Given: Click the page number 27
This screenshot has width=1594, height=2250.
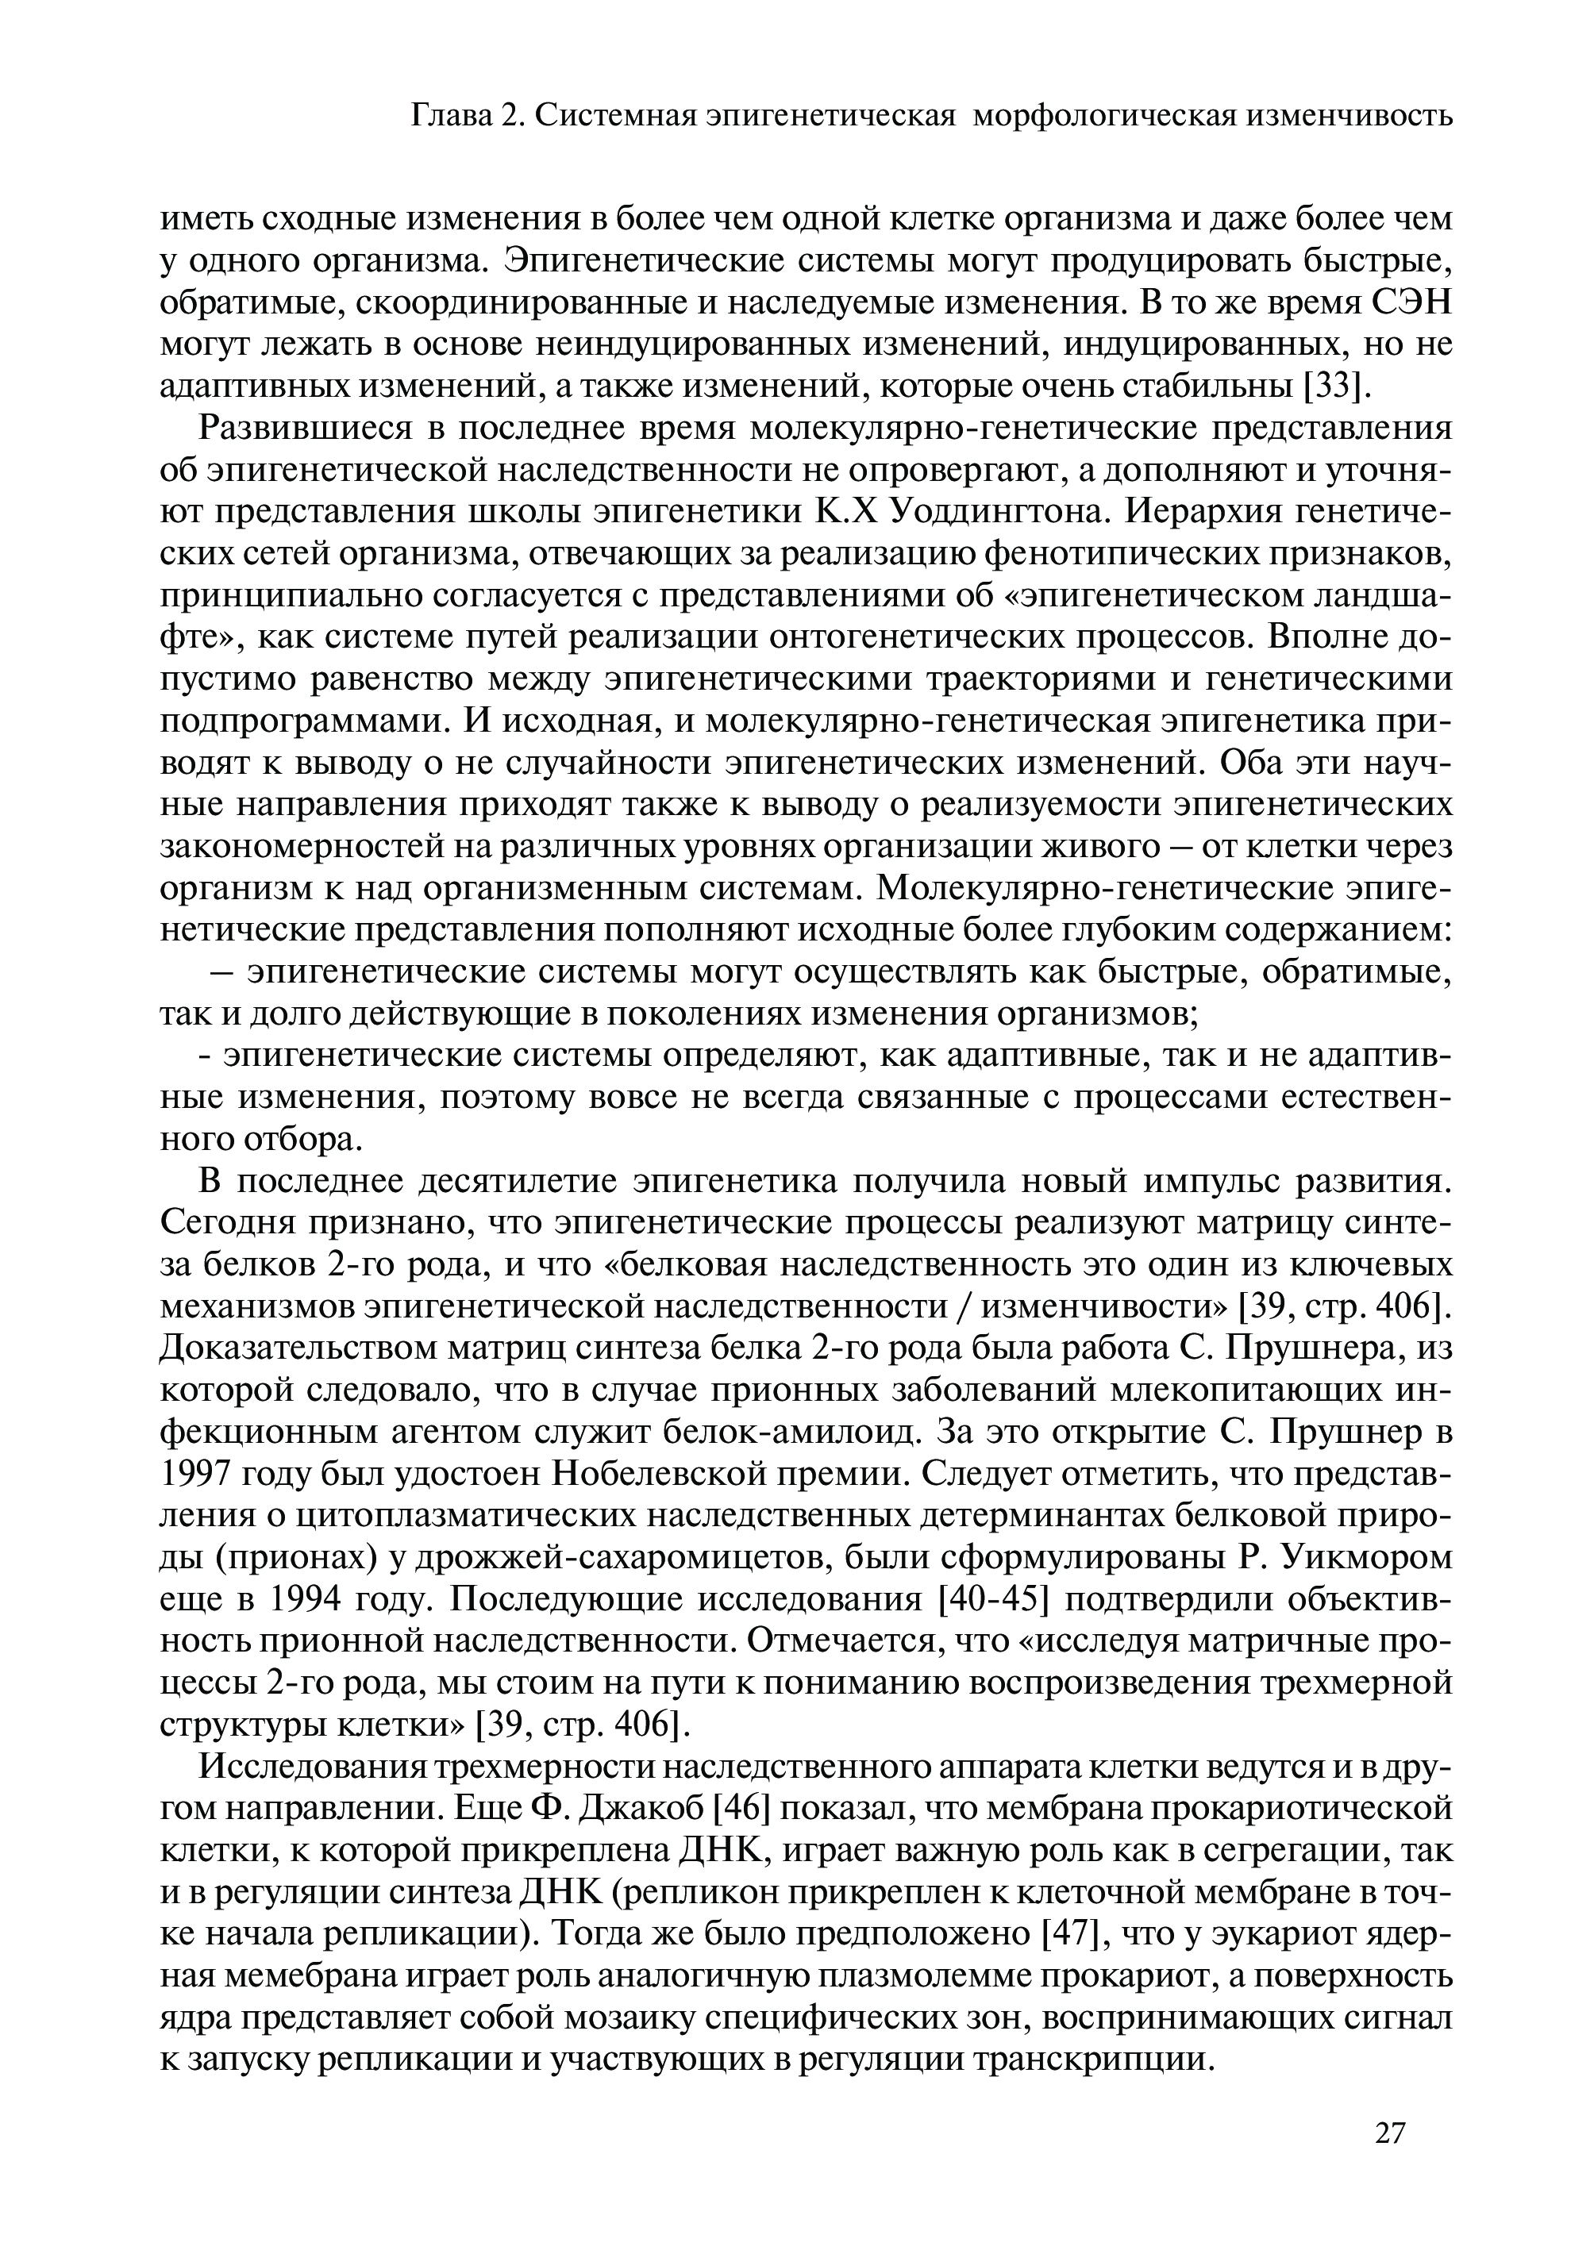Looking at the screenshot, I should (x=1390, y=2133).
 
